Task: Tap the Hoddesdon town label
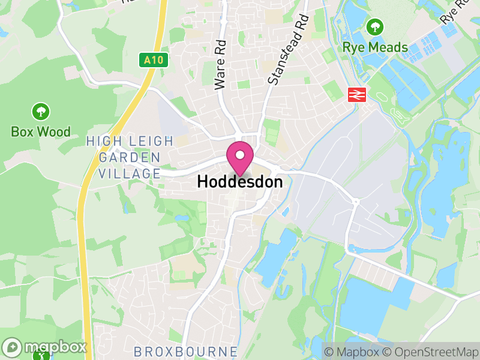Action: click(x=239, y=181)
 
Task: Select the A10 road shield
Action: click(x=154, y=60)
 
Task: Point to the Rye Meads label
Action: click(x=375, y=47)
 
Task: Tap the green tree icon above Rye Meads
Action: click(x=376, y=27)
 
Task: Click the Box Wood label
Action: click(x=41, y=131)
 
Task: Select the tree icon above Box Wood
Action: click(x=41, y=111)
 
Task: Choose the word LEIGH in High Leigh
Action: click(x=152, y=142)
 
